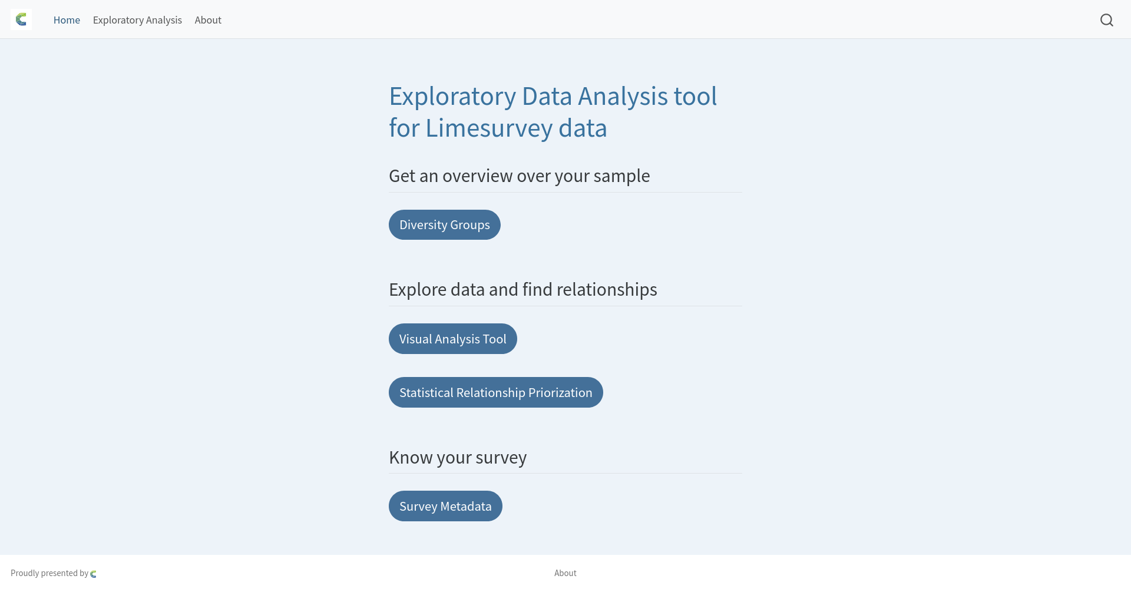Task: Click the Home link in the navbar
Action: pos(67,20)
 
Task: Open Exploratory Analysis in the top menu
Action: pos(137,20)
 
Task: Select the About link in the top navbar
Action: pos(208,20)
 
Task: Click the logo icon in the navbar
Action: pos(21,20)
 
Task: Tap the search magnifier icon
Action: pos(1107,20)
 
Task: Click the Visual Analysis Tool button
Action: pos(452,339)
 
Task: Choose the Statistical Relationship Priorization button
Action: pos(495,392)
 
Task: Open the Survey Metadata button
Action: pos(445,506)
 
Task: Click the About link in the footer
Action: pos(565,573)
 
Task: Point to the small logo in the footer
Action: pos(93,574)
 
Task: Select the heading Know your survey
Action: pos(458,458)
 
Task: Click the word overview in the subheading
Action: pos(477,176)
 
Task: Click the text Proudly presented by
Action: pos(49,573)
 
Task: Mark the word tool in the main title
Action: pos(695,97)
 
